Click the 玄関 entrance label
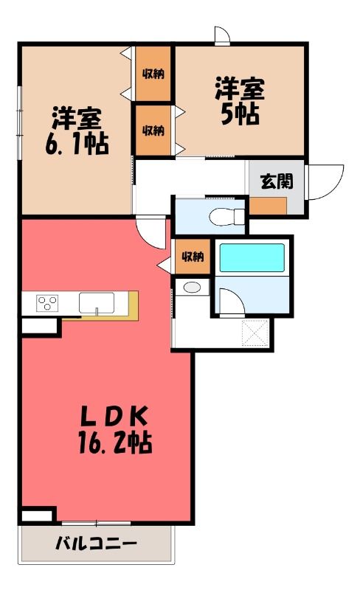click(277, 181)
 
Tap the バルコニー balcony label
click(96, 543)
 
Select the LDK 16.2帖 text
click(115, 430)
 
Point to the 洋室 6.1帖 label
click(77, 131)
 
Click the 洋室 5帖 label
click(240, 101)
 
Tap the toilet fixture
click(227, 217)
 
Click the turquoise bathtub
click(252, 257)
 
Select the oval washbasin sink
click(192, 288)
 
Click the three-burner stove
click(47, 303)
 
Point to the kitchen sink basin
click(97, 303)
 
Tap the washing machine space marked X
click(255, 333)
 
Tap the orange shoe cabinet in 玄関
click(268, 206)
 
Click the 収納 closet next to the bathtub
click(193, 257)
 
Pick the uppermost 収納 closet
click(153, 74)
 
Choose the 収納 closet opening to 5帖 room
click(153, 131)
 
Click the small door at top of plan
click(222, 35)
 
